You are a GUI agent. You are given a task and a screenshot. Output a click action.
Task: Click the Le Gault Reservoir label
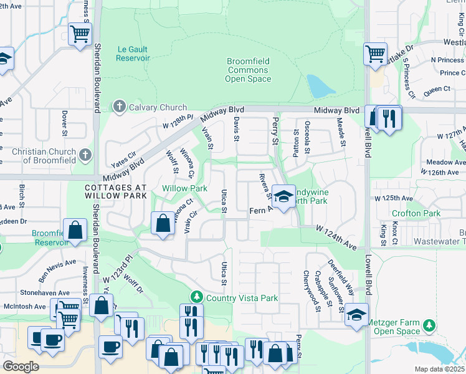click(x=133, y=53)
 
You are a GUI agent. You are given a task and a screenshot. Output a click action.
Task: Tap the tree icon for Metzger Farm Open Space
click(x=429, y=325)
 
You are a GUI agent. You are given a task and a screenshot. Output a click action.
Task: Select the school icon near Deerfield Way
click(x=356, y=314)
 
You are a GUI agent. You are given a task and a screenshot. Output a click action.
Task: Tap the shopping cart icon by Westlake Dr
click(x=376, y=54)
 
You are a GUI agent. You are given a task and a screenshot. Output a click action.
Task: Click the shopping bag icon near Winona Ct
click(x=163, y=223)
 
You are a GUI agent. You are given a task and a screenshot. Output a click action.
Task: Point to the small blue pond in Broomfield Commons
click(x=320, y=86)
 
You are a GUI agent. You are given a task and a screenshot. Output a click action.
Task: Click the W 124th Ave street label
click(x=336, y=239)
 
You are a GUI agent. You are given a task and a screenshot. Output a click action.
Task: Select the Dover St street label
click(x=65, y=123)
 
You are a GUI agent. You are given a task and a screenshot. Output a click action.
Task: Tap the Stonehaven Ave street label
click(x=45, y=292)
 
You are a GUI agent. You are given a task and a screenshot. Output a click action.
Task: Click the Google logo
click(x=21, y=367)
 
